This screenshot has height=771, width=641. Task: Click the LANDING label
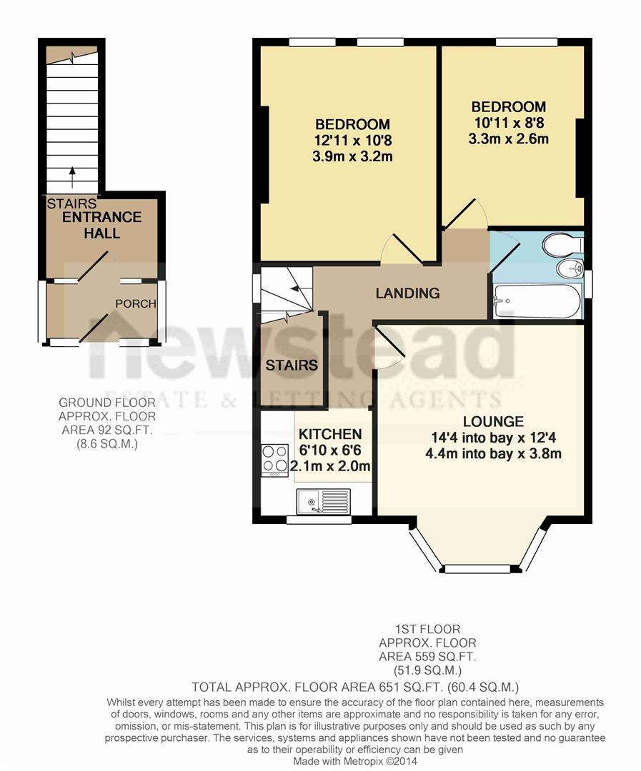[407, 293]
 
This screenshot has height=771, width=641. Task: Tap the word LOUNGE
[492, 422]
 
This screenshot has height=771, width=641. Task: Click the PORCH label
[136, 303]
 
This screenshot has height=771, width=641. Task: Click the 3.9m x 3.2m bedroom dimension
[352, 156]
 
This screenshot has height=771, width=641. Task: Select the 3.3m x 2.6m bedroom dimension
[508, 138]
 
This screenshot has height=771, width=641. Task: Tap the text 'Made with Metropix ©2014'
[355, 761]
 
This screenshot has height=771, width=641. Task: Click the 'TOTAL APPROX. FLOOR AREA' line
[355, 687]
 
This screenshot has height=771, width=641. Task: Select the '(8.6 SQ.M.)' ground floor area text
[107, 443]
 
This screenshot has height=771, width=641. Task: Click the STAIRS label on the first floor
[292, 366]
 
